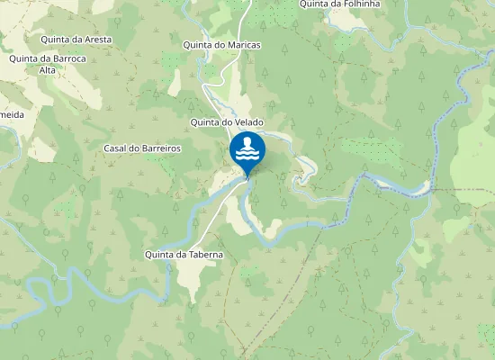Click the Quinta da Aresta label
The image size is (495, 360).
tap(75, 40)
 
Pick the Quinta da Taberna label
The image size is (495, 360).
tap(184, 255)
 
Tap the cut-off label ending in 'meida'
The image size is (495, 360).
tap(12, 115)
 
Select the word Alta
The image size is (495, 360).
tap(48, 70)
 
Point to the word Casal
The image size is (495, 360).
tap(117, 148)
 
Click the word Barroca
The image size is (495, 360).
tap(67, 58)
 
